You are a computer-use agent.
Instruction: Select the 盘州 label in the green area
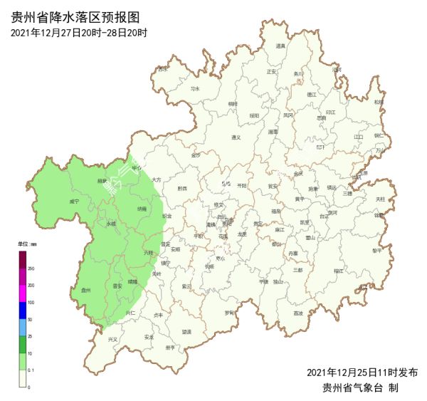pos(86,290)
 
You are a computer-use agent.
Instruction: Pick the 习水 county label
pos(195,88)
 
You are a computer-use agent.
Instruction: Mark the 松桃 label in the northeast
pos(378,102)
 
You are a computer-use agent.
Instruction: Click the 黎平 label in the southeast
pos(377,251)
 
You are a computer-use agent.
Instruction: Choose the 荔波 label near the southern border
pos(298,313)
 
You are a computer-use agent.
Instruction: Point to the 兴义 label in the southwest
pos(113,340)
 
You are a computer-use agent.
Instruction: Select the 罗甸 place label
pos(228,313)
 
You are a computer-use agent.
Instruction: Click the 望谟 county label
pos(186,331)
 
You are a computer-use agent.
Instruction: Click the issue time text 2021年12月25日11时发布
pos(362,372)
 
